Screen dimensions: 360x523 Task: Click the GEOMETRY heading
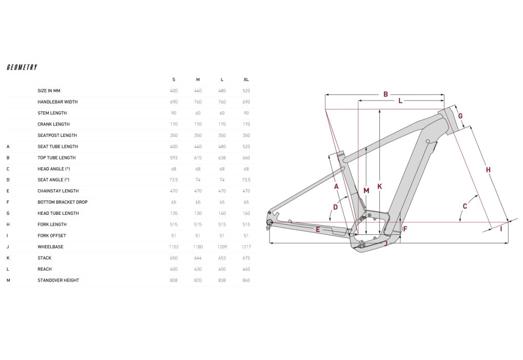(x=22, y=67)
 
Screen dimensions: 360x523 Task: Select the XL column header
(x=246, y=79)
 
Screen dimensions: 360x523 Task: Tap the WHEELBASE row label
(x=50, y=247)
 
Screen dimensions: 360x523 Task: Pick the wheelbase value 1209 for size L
(x=222, y=247)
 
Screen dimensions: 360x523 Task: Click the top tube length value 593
(x=174, y=157)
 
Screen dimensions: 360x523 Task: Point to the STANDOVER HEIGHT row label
(x=58, y=280)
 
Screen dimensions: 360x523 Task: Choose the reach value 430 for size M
(x=198, y=269)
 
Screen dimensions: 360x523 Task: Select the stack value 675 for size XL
(x=246, y=258)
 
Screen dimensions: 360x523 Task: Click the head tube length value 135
(x=174, y=213)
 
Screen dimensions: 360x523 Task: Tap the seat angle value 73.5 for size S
(x=174, y=180)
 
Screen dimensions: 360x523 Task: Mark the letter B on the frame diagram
(x=386, y=94)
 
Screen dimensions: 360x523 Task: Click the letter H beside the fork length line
(x=488, y=170)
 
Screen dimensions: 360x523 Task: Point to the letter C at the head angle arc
(x=465, y=207)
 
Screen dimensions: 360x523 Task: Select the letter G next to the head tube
(x=460, y=116)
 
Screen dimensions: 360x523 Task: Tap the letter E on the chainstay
(x=318, y=230)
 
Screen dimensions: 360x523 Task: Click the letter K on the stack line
(x=379, y=187)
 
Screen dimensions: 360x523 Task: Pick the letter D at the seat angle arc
(x=335, y=207)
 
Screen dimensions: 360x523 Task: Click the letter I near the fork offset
(x=501, y=229)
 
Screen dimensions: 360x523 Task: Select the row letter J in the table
(x=8, y=247)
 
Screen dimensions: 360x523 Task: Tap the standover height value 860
(x=246, y=280)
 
